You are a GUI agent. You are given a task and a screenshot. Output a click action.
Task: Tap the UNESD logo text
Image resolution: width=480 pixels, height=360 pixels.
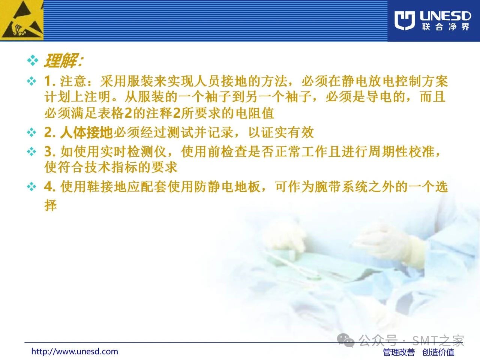coord(445,16)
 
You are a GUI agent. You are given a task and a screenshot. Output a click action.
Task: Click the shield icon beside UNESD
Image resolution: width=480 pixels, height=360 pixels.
coord(405,21)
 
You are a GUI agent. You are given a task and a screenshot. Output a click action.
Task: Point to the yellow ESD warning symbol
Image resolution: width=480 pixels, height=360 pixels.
coord(22,20)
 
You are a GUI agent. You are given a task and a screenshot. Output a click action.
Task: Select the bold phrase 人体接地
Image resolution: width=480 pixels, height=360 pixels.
coord(86,132)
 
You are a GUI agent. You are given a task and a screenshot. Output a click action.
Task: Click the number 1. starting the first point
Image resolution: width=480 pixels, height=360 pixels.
coord(49,81)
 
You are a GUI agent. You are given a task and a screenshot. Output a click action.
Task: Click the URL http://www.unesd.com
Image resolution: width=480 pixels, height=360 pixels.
coord(75,351)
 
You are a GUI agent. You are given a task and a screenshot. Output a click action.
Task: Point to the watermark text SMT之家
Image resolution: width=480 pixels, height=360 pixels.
coord(438,340)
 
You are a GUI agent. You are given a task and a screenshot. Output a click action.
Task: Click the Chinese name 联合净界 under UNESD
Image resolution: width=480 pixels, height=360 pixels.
coord(445,27)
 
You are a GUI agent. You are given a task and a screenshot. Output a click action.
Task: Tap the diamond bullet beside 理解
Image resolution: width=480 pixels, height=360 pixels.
coord(33,60)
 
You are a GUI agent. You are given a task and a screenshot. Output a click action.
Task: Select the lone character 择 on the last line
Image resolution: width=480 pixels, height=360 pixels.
coord(51,205)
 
